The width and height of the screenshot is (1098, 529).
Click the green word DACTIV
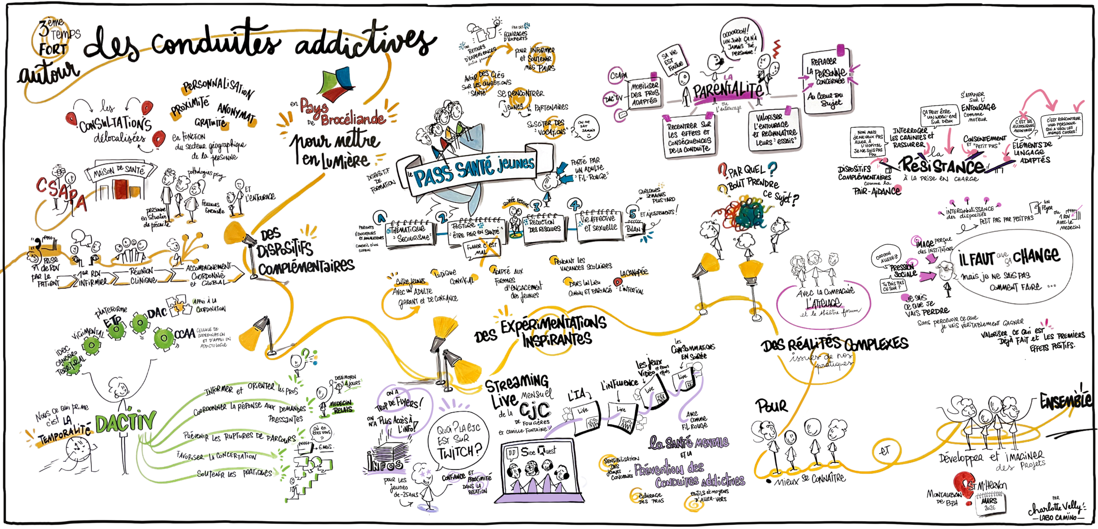pos(125,422)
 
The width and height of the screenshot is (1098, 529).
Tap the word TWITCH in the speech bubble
pos(459,451)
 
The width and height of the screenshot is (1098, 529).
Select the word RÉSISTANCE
pos(944,165)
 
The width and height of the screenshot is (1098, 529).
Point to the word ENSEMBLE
pos(1066,401)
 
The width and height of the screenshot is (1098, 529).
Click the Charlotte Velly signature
pos(1055,508)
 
